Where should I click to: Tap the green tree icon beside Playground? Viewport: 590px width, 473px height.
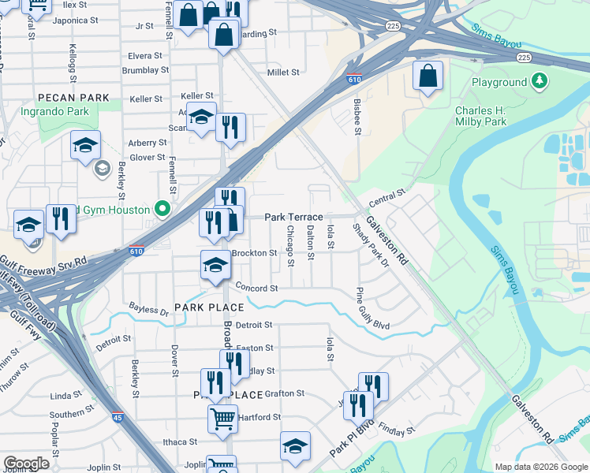(x=540, y=81)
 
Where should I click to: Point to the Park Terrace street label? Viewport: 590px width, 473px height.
(x=293, y=217)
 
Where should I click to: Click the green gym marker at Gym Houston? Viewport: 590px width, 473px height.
(x=162, y=209)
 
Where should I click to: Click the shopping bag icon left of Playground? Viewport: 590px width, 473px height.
(x=428, y=76)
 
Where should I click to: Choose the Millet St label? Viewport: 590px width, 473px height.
(x=283, y=73)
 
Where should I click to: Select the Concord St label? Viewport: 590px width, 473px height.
(x=257, y=289)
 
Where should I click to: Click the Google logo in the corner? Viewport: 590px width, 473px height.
(x=27, y=463)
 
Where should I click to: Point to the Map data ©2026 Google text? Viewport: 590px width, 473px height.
(x=541, y=467)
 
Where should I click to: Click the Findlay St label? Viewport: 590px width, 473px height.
(x=396, y=431)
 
